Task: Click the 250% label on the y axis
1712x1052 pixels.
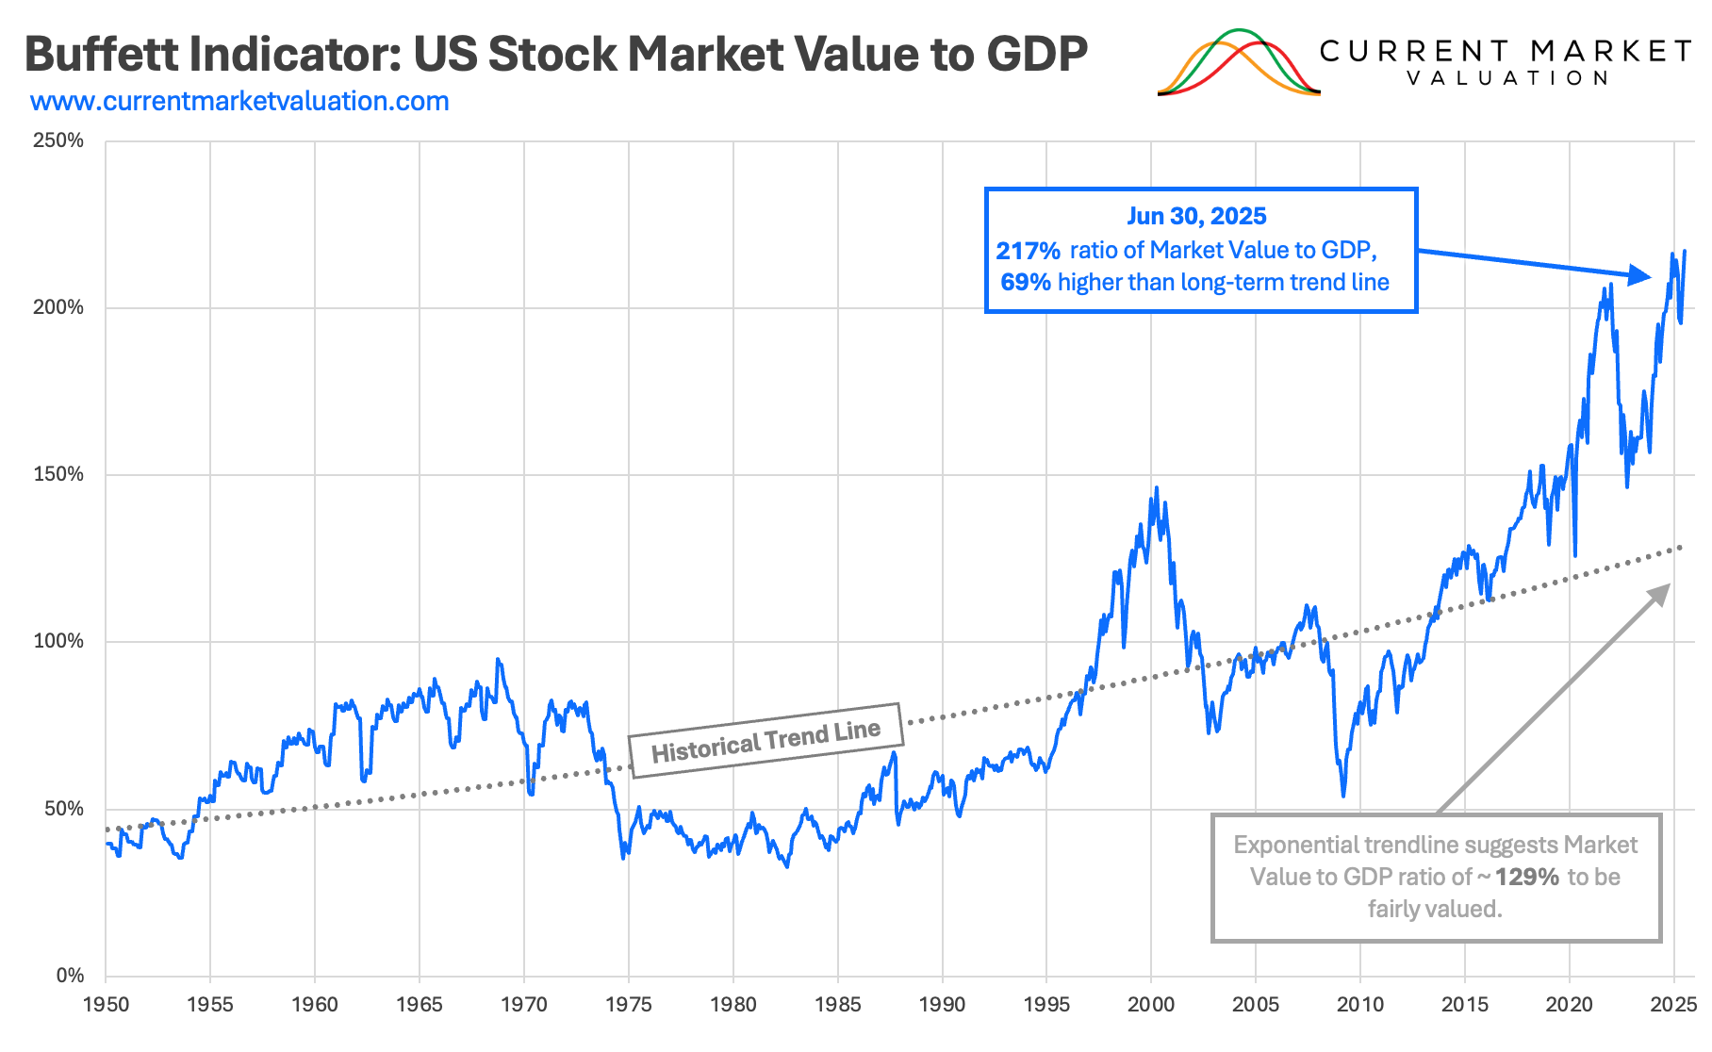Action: click(58, 141)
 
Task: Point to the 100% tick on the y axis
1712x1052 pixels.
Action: click(58, 642)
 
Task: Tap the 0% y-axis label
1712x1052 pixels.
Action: click(70, 976)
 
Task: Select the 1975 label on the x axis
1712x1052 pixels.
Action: click(629, 1005)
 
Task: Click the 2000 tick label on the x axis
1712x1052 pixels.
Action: click(1151, 1005)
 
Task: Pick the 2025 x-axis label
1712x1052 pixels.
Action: click(1673, 1005)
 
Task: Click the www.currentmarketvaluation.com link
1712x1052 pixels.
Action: click(239, 102)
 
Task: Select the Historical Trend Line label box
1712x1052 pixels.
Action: click(765, 741)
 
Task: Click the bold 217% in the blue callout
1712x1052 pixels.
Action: click(1028, 251)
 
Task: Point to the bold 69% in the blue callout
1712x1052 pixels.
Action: click(1025, 283)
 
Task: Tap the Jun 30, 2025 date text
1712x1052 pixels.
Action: click(1196, 216)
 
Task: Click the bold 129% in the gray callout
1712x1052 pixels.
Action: click(1526, 878)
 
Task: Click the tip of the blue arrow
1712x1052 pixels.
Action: click(1650, 277)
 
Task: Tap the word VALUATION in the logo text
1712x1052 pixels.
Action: click(1506, 78)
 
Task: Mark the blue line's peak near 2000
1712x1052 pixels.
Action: click(1156, 488)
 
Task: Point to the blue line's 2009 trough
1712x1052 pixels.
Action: click(1343, 796)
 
